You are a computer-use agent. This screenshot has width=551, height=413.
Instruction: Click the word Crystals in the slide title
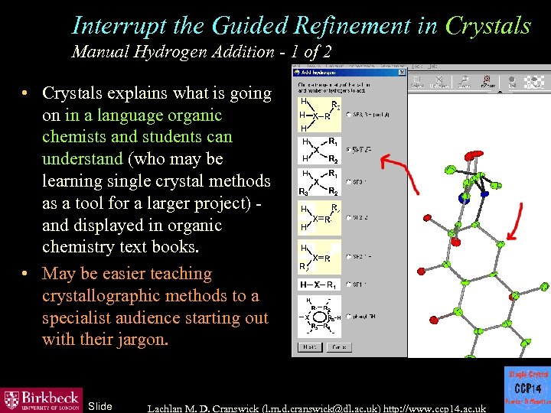point(487,25)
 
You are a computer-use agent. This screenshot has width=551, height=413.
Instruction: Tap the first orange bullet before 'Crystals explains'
point(25,93)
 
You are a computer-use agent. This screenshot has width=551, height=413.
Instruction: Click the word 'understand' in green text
point(82,159)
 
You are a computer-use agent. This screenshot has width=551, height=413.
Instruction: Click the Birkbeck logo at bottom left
point(41,399)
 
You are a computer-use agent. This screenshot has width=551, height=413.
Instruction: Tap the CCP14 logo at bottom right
point(527,389)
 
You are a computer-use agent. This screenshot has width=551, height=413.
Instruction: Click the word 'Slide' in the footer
point(100,406)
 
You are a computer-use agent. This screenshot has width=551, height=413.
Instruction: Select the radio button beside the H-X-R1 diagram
point(348,285)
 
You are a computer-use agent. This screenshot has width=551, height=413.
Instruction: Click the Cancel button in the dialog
point(337,346)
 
